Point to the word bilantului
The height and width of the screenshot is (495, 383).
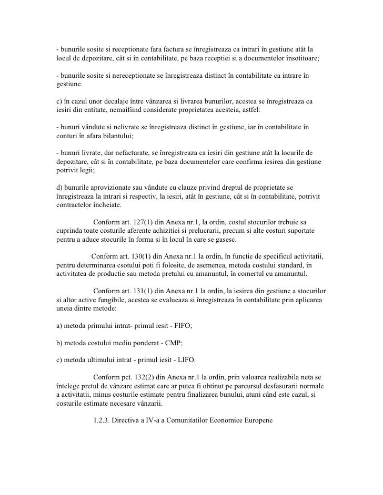(x=115, y=136)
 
